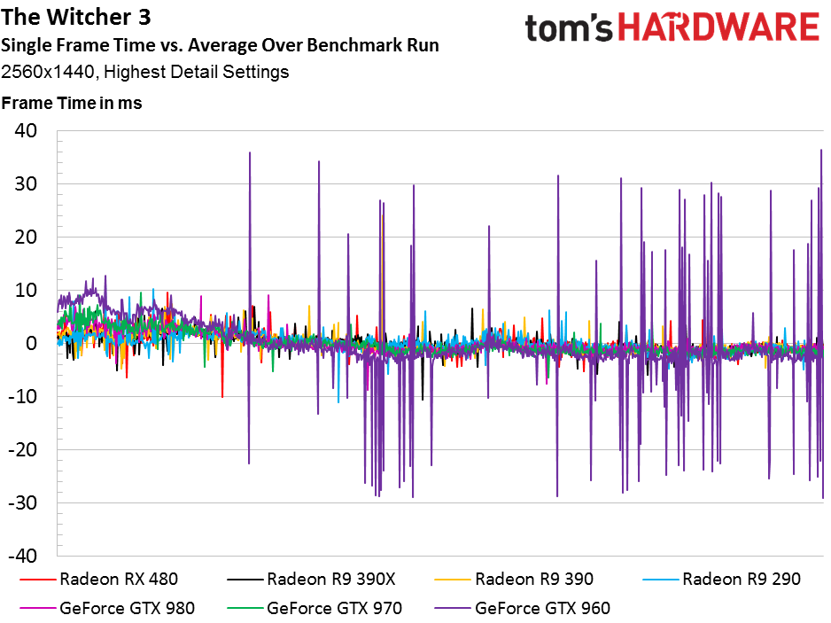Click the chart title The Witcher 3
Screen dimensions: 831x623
[x=76, y=17]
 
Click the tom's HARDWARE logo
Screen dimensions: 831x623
[x=672, y=27]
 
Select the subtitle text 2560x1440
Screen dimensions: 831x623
[x=47, y=72]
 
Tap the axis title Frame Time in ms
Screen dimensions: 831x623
[x=72, y=103]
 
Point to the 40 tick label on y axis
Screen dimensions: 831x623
[x=26, y=131]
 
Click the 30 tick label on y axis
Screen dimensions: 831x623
[x=26, y=184]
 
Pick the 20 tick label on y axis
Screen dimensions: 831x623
[x=26, y=237]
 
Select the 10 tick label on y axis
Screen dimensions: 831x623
[x=26, y=290]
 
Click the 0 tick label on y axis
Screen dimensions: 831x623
[x=31, y=343]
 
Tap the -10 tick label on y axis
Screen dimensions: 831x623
[x=23, y=396]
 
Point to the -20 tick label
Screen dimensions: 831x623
[x=23, y=449]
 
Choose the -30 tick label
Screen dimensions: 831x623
[x=23, y=502]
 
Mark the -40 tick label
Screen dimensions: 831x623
[x=23, y=556]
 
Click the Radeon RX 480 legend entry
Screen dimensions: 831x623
[x=98, y=579]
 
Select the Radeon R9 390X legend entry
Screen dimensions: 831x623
[x=311, y=579]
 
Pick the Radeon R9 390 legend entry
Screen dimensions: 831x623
[x=514, y=579]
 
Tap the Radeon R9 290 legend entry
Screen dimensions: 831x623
[x=721, y=579]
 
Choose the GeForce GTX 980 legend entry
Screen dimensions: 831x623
[x=107, y=608]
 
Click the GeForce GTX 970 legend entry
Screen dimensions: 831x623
[x=315, y=608]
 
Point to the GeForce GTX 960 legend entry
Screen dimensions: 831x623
[x=522, y=608]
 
